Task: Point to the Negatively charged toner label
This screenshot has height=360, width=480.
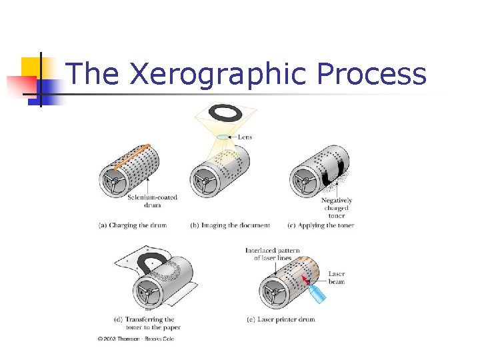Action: tap(337, 208)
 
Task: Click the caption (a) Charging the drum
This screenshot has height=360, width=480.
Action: tap(132, 225)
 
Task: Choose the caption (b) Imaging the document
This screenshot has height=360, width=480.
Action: tap(231, 225)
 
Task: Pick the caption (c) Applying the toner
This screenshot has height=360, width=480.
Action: tap(321, 225)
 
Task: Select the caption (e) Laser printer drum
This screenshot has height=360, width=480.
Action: tap(280, 319)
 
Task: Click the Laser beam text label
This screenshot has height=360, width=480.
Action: tap(337, 278)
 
